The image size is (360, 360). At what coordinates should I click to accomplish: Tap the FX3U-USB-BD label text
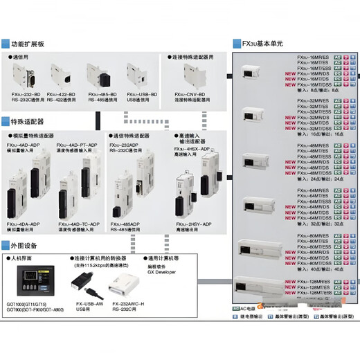(141, 94)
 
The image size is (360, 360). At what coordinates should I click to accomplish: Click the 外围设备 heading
(26, 244)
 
